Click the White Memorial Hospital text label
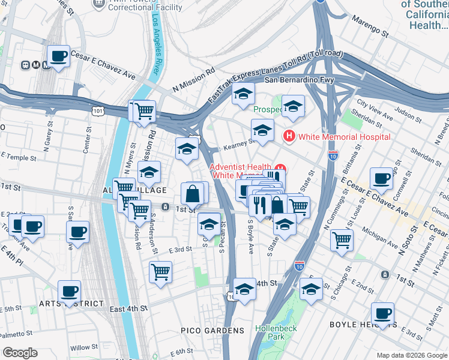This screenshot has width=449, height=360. tap(345, 137)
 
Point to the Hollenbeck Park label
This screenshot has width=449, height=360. tap(276, 332)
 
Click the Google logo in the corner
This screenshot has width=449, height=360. tap(20, 353)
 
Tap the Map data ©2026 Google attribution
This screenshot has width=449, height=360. tap(412, 355)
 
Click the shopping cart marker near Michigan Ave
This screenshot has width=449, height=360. tap(342, 239)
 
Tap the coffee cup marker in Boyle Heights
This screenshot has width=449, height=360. tap(382, 313)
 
